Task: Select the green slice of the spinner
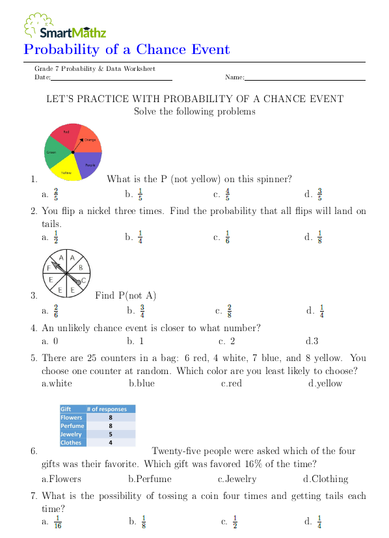click(x=53, y=154)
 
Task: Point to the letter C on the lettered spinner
click(x=84, y=280)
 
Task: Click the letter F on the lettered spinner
click(x=48, y=267)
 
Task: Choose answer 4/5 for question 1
click(x=227, y=194)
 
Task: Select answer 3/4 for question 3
click(x=141, y=311)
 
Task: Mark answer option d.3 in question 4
click(x=312, y=341)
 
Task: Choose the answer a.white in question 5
click(x=57, y=383)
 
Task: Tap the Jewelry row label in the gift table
click(x=72, y=434)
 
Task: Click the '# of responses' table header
click(x=109, y=409)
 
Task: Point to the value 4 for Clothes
click(x=111, y=442)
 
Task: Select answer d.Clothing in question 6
click(x=325, y=479)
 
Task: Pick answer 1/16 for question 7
click(x=57, y=521)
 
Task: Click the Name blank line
click(x=304, y=79)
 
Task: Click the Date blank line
click(x=111, y=79)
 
